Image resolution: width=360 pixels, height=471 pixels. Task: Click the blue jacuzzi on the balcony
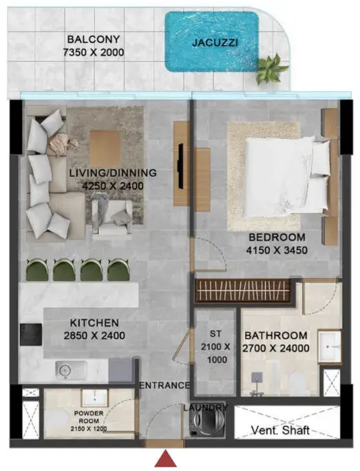(x=211, y=41)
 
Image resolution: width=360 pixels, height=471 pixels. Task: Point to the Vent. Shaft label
(x=280, y=430)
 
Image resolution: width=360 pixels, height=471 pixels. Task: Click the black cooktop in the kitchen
(x=31, y=335)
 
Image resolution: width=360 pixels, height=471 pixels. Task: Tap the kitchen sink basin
(x=71, y=370)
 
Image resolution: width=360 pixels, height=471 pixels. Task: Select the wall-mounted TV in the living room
(x=180, y=166)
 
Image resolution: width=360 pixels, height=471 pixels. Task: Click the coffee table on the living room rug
(x=105, y=145)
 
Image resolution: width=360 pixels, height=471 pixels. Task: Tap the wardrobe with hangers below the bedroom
(x=242, y=291)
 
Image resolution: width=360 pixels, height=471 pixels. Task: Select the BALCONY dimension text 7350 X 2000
(x=94, y=52)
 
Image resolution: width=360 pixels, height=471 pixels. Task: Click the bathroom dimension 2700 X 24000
(x=276, y=348)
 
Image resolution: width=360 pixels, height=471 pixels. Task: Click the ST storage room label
(x=215, y=334)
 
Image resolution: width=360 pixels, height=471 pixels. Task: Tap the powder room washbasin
(x=95, y=398)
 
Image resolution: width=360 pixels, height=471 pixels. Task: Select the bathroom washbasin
(x=330, y=346)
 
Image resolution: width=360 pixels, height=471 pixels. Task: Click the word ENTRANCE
(x=165, y=386)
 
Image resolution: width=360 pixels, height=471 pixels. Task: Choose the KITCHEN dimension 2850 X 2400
(x=94, y=335)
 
